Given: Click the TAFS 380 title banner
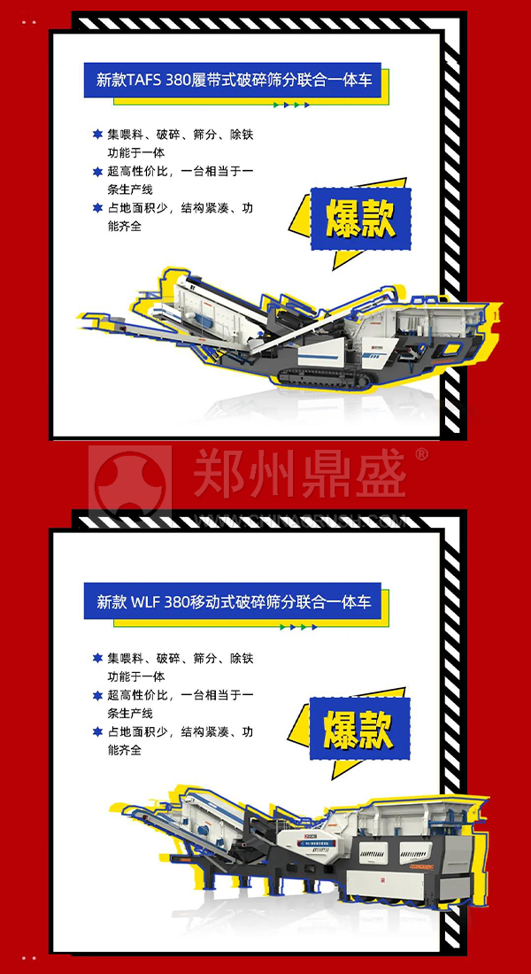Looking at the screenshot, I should pyautogui.click(x=234, y=80).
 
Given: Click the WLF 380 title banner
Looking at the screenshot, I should pyautogui.click(x=234, y=602).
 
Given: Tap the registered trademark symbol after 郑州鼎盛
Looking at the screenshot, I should pyautogui.click(x=421, y=454).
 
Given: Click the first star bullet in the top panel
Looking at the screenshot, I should pyautogui.click(x=97, y=135).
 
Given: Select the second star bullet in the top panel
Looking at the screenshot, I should pyautogui.click(x=97, y=171).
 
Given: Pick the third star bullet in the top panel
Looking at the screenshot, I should pyautogui.click(x=97, y=208).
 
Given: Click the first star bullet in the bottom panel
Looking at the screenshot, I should pyautogui.click(x=97, y=658).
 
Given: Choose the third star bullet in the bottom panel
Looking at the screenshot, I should pyautogui.click(x=97, y=731).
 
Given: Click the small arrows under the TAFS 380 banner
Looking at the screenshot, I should pyautogui.click(x=291, y=104).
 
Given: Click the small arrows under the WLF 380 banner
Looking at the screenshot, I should pyautogui.click(x=298, y=627).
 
